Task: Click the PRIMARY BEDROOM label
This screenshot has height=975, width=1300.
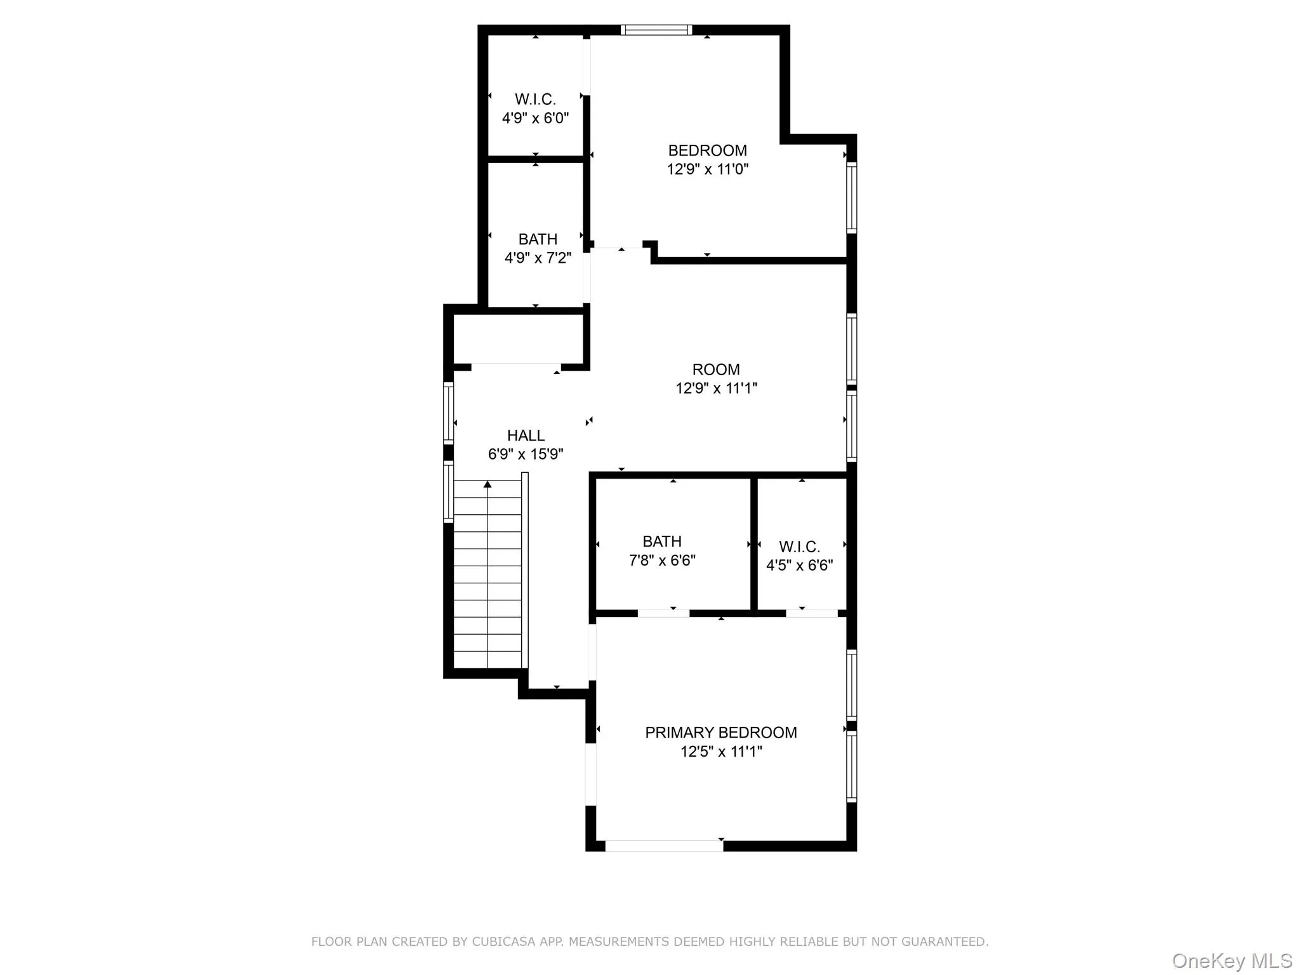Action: click(x=720, y=733)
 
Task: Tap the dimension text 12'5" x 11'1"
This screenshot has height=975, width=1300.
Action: click(x=721, y=752)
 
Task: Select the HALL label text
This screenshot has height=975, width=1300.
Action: click(x=526, y=435)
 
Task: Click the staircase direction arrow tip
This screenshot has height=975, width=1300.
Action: click(x=487, y=484)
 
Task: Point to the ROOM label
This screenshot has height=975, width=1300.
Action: click(x=715, y=369)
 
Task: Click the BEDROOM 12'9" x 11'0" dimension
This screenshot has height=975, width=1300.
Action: click(x=707, y=169)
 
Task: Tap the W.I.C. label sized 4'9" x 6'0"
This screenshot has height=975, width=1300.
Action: click(x=535, y=100)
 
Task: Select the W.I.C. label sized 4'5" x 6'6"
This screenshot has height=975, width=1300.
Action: click(x=799, y=547)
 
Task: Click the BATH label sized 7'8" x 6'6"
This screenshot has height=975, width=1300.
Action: click(x=661, y=541)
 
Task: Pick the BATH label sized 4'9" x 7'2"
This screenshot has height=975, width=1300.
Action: click(x=538, y=239)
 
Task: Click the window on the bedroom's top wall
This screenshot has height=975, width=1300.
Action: click(x=656, y=30)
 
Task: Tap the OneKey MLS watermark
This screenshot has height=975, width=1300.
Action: click(x=1231, y=960)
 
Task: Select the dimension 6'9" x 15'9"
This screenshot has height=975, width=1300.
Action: click(x=526, y=454)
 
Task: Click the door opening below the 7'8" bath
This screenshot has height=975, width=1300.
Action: click(x=663, y=613)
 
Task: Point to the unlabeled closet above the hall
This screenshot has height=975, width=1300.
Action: click(x=517, y=339)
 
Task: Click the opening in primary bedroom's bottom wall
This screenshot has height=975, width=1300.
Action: click(x=663, y=846)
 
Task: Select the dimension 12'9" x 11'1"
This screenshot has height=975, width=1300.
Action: click(x=716, y=388)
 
